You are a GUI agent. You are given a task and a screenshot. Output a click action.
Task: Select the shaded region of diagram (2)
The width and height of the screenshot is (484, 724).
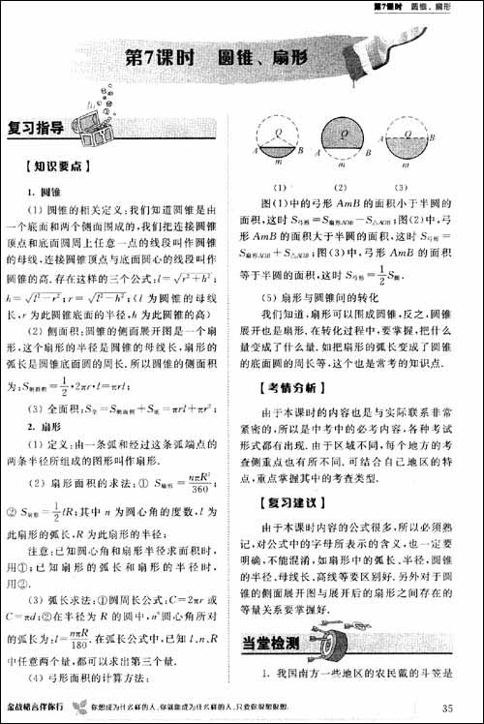click(x=342, y=133)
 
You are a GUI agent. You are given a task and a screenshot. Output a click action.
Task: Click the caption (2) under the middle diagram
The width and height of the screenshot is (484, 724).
click(x=342, y=187)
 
